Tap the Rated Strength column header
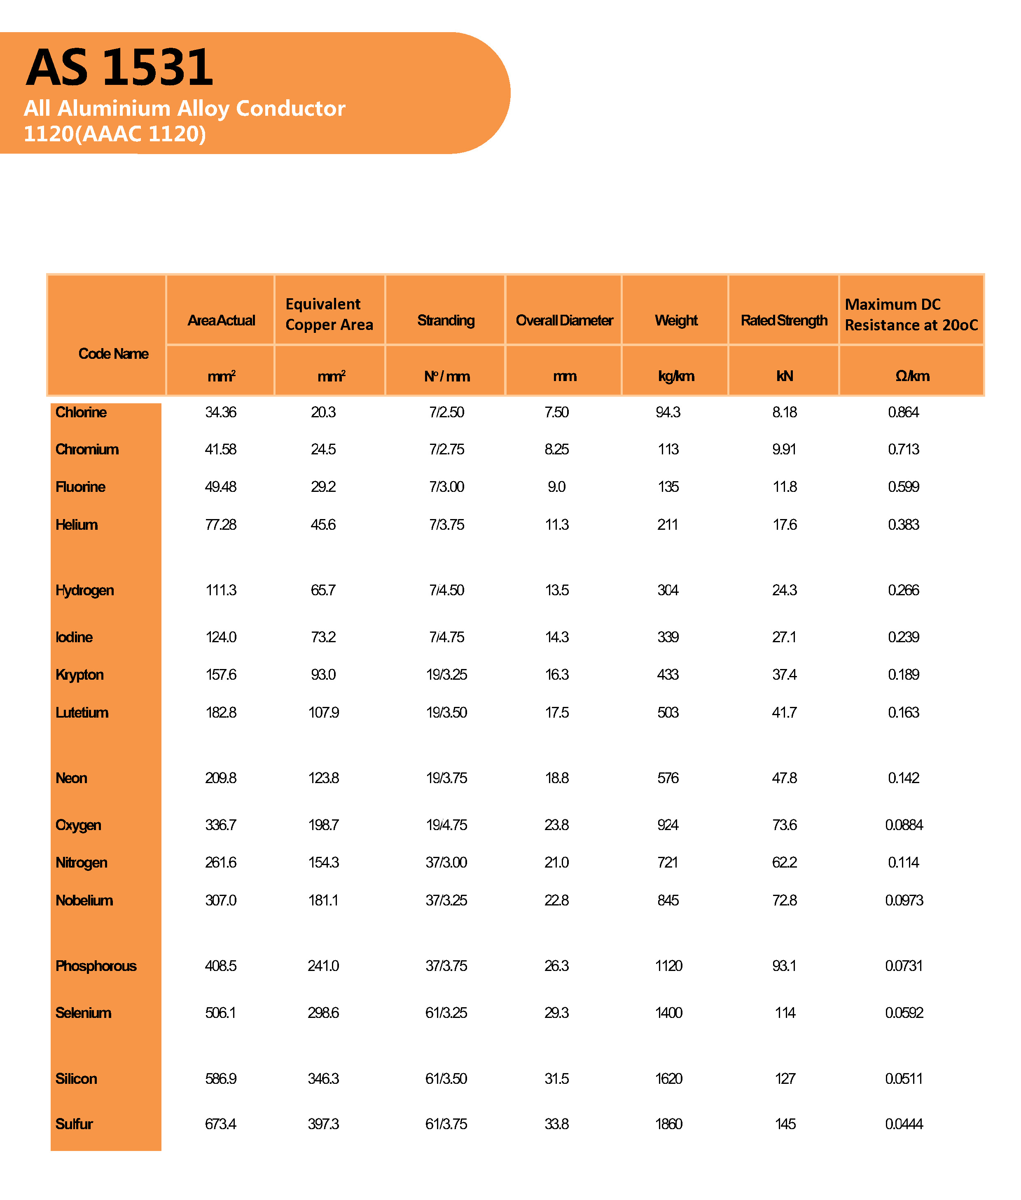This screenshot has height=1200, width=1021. click(784, 320)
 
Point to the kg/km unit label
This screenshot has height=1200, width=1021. click(675, 376)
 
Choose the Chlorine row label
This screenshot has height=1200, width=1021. click(81, 412)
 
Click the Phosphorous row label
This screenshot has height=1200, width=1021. click(96, 966)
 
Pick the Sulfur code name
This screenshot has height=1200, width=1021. click(74, 1124)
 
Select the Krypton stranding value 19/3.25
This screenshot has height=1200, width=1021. click(446, 674)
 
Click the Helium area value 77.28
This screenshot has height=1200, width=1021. click(220, 524)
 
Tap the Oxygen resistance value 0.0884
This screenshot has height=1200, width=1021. click(904, 825)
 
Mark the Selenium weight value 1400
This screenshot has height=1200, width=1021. click(668, 1013)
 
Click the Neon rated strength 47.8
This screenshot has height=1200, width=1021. click(784, 778)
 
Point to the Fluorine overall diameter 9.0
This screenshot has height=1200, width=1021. click(556, 487)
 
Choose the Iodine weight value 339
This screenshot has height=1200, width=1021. click(668, 637)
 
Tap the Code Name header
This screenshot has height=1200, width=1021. click(113, 354)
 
